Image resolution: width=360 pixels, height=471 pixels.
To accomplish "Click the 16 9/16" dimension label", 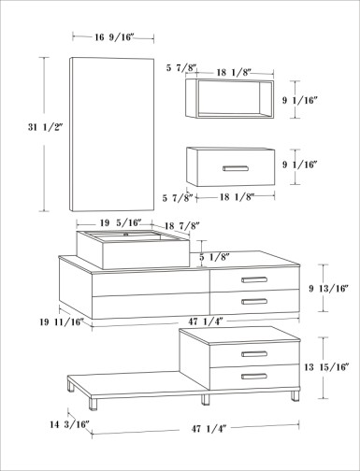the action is (114, 37).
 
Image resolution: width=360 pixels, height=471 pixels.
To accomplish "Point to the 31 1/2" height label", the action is (46, 127).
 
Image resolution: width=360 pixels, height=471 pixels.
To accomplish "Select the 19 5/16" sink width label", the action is (121, 222).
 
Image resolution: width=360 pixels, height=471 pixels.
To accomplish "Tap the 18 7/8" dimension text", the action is (181, 225).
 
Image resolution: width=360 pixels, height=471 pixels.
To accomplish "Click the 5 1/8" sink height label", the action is (214, 257).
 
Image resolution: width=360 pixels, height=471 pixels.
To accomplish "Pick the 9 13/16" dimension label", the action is (328, 289).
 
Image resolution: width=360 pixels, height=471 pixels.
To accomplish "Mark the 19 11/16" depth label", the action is (62, 321).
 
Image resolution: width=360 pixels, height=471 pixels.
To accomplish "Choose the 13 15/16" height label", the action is (326, 367).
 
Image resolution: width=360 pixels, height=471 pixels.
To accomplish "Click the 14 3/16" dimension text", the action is (69, 424).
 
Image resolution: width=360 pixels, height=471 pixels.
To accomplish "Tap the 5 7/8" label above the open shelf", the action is (181, 67).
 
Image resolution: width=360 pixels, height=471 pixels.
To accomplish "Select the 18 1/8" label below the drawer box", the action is (237, 197).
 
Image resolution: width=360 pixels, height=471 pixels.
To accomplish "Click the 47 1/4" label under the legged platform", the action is (209, 429).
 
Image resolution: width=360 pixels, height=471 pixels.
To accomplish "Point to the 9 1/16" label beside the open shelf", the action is (300, 101).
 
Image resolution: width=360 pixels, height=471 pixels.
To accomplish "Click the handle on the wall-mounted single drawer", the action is (236, 168).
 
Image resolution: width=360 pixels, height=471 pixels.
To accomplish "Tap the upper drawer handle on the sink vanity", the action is (254, 279).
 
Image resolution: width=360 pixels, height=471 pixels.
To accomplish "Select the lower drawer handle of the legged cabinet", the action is (254, 377).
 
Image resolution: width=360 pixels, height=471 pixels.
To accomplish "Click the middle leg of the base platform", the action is (205, 400).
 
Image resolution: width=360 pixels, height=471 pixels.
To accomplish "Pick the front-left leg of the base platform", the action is (93, 404).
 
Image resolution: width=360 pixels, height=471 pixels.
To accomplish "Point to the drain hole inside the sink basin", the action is (126, 235).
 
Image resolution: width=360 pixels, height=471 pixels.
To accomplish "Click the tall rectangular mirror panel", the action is (111, 135).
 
